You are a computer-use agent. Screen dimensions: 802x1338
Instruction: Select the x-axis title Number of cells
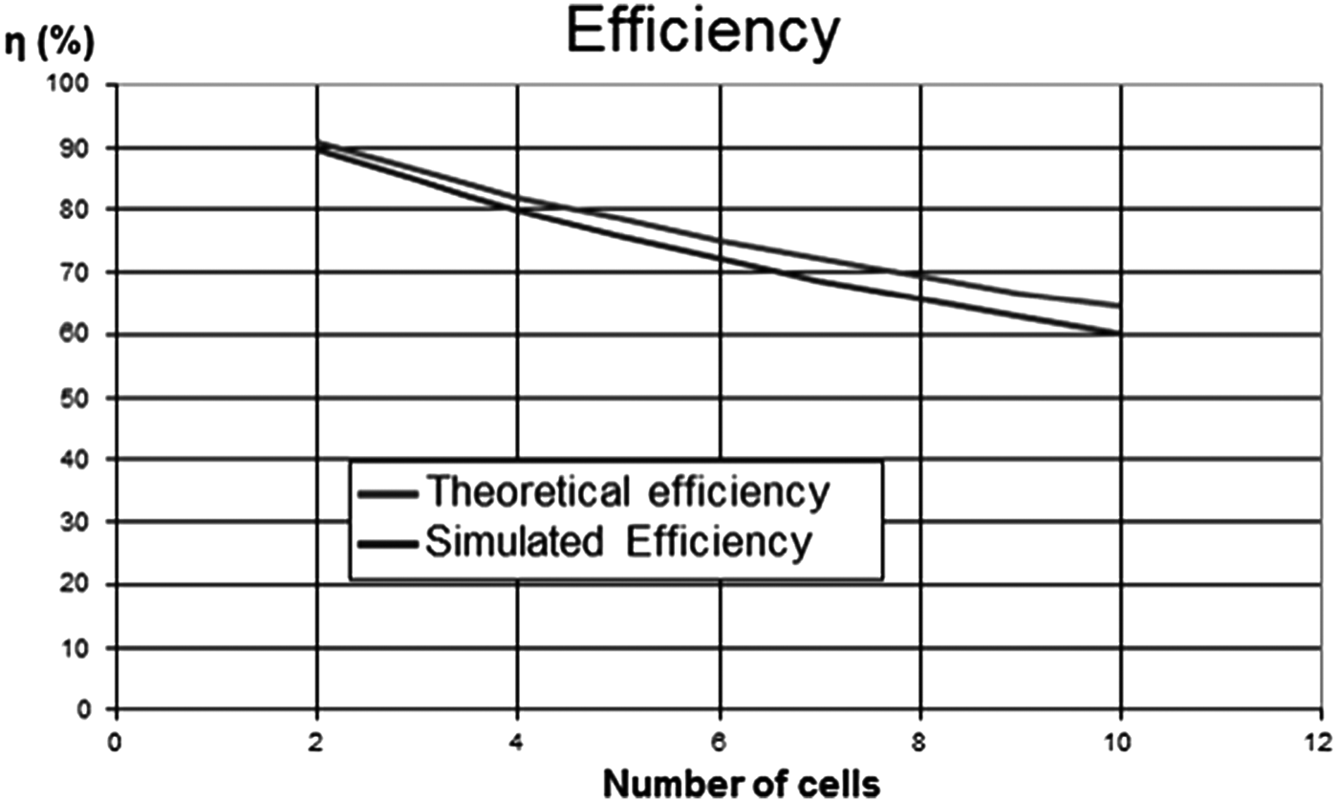[x=742, y=783]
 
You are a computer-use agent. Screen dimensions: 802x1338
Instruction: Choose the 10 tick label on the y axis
[x=79, y=648]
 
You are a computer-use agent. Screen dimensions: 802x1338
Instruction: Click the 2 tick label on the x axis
[x=316, y=740]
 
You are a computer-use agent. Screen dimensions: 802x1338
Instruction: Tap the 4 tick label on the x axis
[x=517, y=740]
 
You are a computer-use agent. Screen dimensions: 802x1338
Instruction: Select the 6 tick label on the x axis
[x=719, y=740]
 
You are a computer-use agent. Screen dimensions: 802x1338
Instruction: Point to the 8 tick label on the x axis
[x=919, y=740]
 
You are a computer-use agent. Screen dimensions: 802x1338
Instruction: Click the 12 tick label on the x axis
[x=1321, y=740]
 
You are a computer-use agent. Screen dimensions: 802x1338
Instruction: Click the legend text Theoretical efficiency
[x=627, y=492]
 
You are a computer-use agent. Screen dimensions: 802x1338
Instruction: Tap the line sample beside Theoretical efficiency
[x=388, y=494]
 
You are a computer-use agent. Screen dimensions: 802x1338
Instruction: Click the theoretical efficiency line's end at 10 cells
[x=1119, y=306]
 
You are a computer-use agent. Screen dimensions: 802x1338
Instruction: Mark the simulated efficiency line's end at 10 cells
[x=1119, y=333]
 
